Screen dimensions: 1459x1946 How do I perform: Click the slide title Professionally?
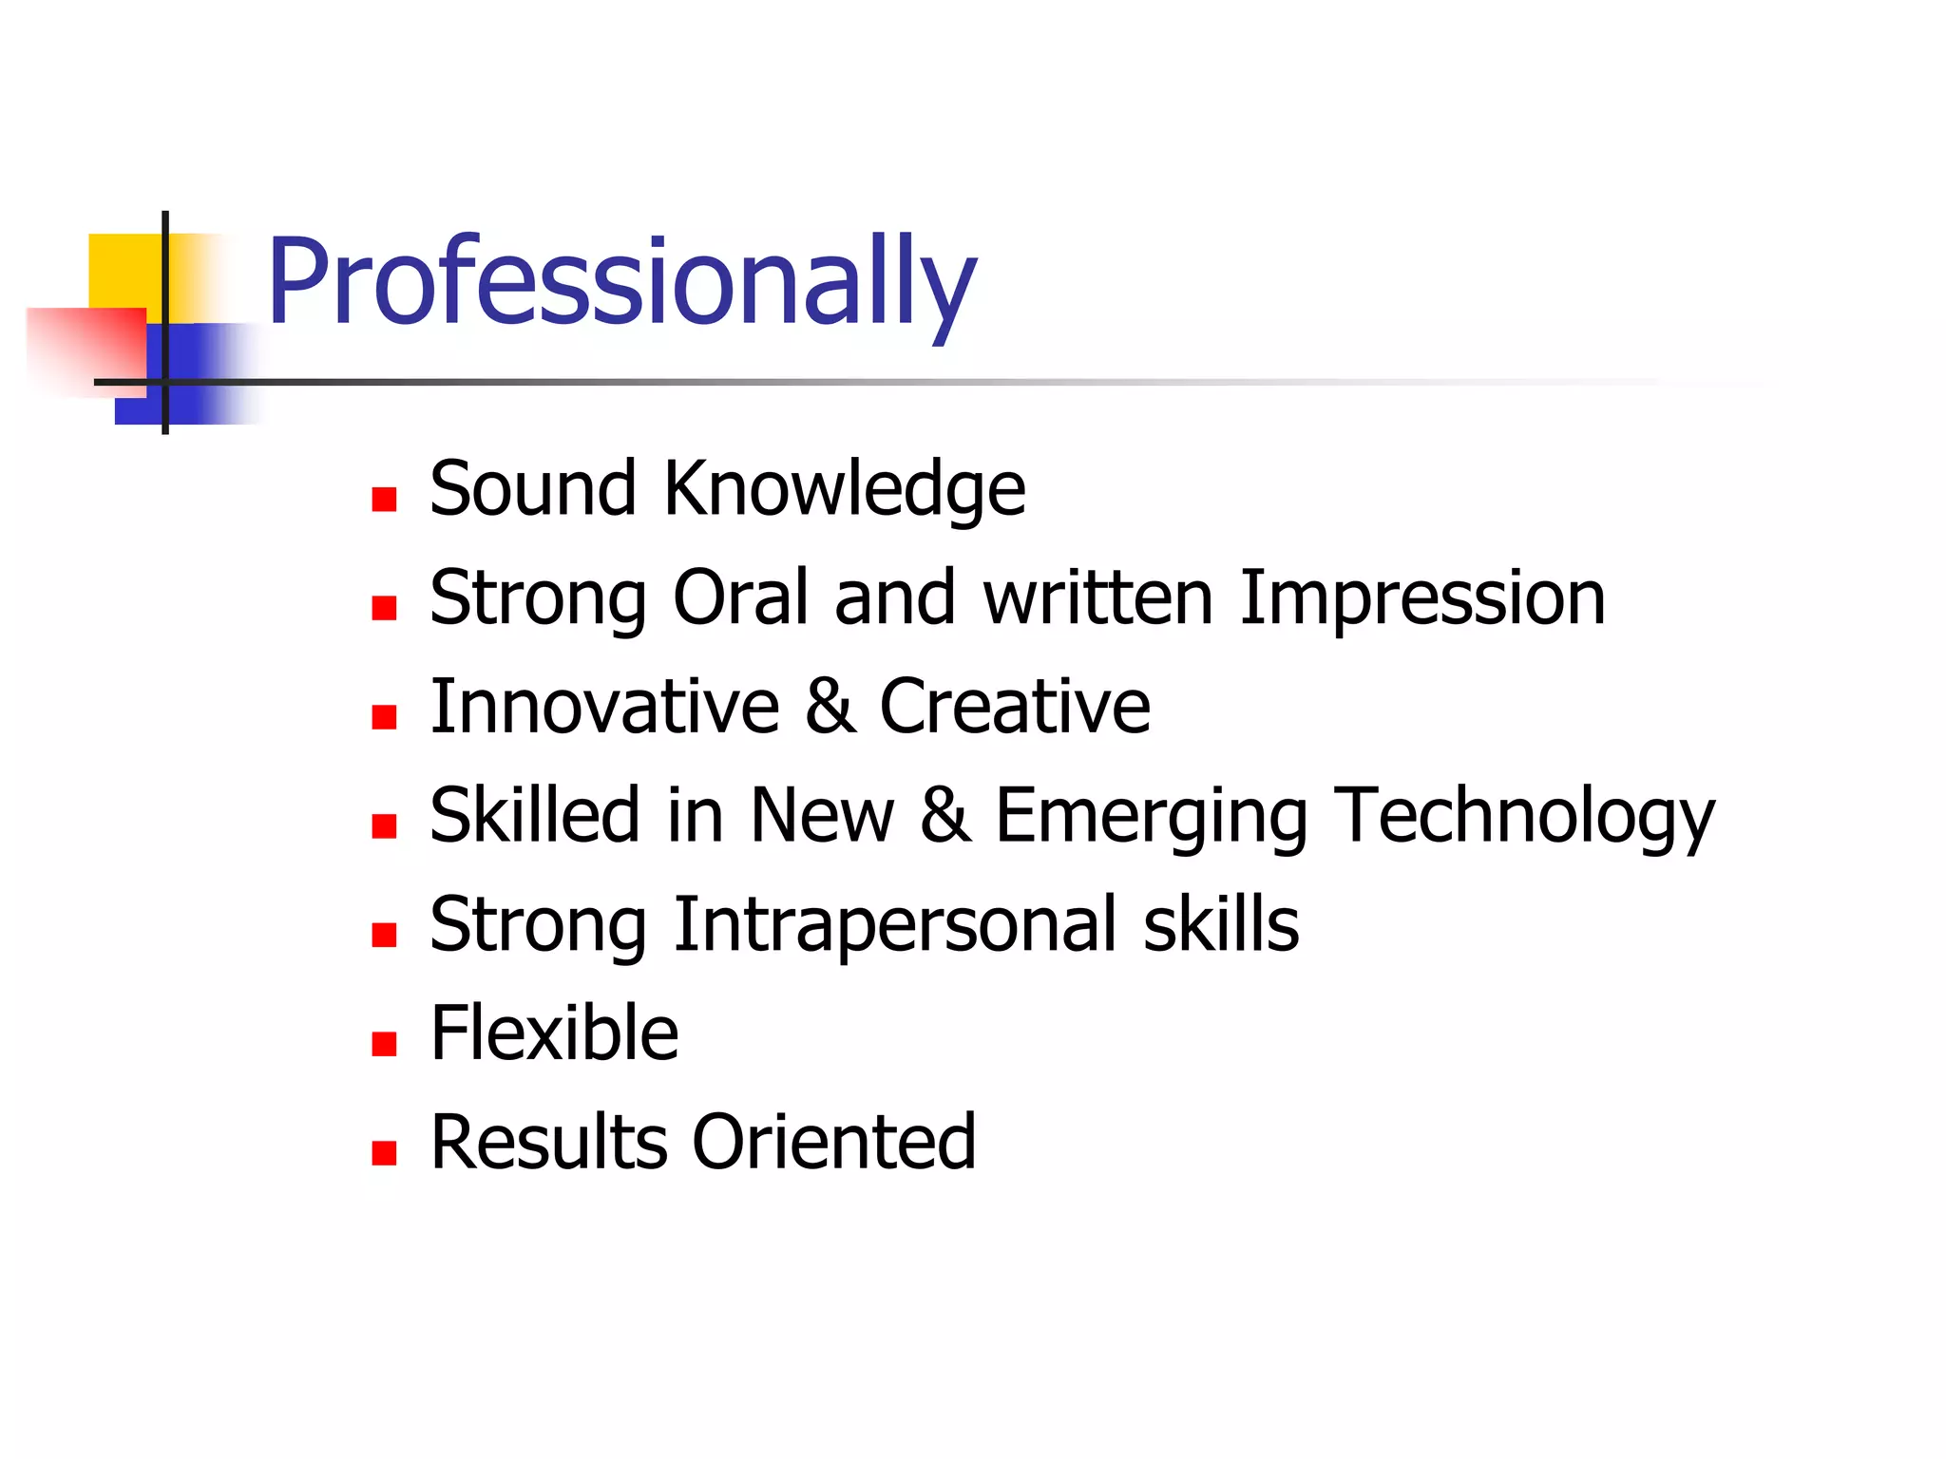[621, 282]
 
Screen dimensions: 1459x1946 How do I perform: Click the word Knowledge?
[845, 489]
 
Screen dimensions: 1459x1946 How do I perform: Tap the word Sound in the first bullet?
[533, 489]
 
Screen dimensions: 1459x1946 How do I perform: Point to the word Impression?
[1422, 599]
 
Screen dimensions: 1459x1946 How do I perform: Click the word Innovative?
[604, 707]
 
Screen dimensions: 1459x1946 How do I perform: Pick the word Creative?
[1015, 707]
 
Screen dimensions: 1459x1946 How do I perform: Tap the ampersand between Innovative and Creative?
[830, 707]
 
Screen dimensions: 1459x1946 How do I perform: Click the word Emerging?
[1151, 817]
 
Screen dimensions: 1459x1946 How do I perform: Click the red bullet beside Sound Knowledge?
[384, 500]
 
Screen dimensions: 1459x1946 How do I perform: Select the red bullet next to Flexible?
[384, 1045]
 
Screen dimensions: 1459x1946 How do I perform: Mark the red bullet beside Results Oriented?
[384, 1153]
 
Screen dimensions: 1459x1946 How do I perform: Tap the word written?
[1098, 597]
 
